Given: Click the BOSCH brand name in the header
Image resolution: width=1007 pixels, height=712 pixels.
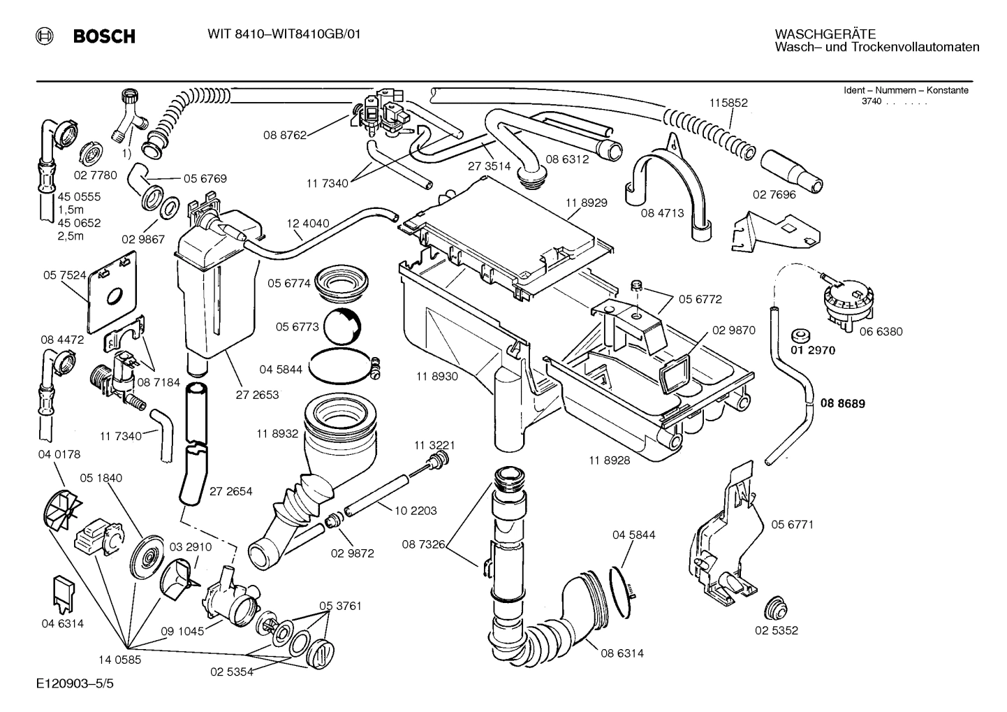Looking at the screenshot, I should [104, 36].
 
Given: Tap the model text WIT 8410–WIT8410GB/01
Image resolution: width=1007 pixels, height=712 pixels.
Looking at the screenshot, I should [284, 34].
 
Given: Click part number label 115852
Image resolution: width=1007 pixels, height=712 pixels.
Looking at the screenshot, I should [728, 103].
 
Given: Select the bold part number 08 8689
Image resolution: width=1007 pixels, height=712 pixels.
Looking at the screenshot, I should [842, 404].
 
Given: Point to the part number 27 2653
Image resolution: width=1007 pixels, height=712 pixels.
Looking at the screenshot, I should [258, 395].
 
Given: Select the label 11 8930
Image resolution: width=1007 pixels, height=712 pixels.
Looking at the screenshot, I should [436, 377].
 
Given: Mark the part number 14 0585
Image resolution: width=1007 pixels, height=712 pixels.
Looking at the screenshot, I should [119, 658].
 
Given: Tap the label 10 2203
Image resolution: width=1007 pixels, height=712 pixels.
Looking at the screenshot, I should [416, 511].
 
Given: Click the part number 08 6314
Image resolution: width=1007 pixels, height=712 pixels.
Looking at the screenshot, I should [622, 653].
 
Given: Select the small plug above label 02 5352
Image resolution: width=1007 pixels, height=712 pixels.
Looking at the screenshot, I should [774, 609].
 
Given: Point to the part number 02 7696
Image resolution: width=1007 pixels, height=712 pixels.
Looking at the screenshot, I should [774, 195].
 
